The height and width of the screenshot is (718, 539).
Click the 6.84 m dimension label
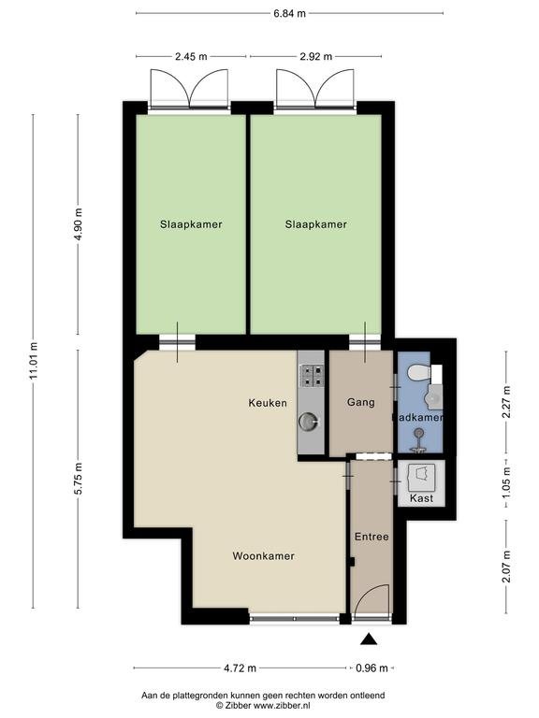pyautogui.click(x=289, y=13)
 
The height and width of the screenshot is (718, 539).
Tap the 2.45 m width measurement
pyautogui.click(x=191, y=57)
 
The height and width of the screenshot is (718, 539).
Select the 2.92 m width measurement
pyautogui.click(x=315, y=57)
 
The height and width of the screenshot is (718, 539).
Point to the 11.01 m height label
pyautogui.click(x=33, y=361)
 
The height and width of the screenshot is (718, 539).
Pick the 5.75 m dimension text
pyautogui.click(x=79, y=478)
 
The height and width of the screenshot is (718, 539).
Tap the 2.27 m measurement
pyautogui.click(x=506, y=402)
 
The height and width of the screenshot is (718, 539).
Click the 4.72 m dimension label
pyautogui.click(x=240, y=668)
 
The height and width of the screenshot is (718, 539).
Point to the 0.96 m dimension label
pyautogui.click(x=371, y=668)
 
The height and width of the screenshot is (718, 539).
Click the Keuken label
pyautogui.click(x=268, y=403)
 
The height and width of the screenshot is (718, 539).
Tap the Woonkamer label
pyautogui.click(x=264, y=556)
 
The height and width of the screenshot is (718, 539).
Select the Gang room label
pyautogui.click(x=360, y=403)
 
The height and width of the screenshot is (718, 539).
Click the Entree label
pyautogui.click(x=371, y=537)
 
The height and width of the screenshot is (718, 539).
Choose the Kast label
pyautogui.click(x=421, y=498)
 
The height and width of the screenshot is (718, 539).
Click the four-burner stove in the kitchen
pyautogui.click(x=311, y=376)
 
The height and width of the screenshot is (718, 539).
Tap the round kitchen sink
pyautogui.click(x=307, y=422)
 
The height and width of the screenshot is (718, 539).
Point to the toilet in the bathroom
pyautogui.click(x=419, y=372)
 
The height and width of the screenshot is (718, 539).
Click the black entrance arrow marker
pyautogui.click(x=369, y=639)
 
